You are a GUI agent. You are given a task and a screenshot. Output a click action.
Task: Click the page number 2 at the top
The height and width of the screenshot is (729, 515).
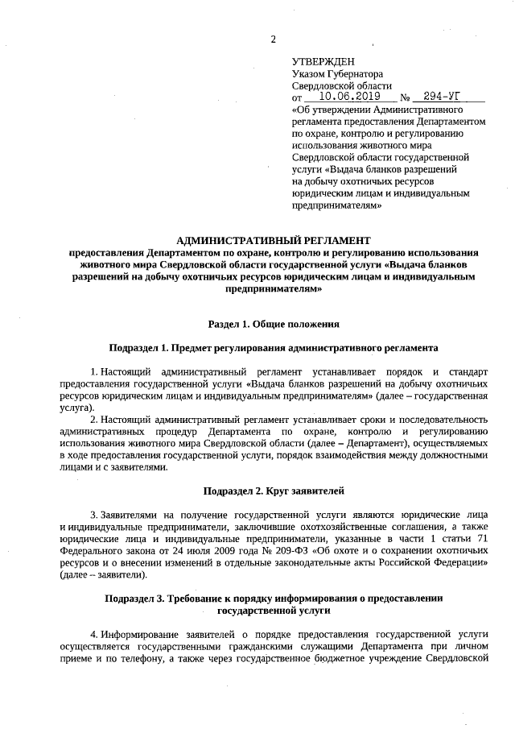274,39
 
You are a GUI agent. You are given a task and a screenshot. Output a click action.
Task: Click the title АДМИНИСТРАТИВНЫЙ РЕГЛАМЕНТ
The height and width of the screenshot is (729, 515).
274,240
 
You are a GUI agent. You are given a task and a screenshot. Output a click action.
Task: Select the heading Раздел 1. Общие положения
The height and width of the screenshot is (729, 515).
274,324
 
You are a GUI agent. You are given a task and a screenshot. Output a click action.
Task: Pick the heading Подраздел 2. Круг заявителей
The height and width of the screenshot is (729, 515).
274,491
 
